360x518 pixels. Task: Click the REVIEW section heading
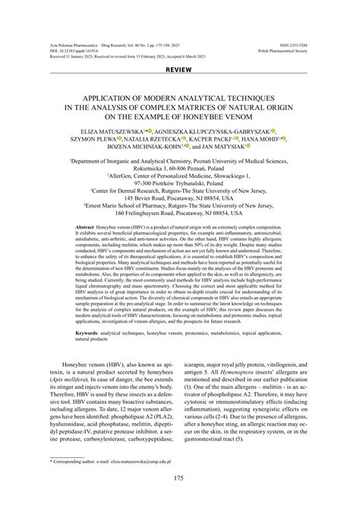[179, 69]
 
